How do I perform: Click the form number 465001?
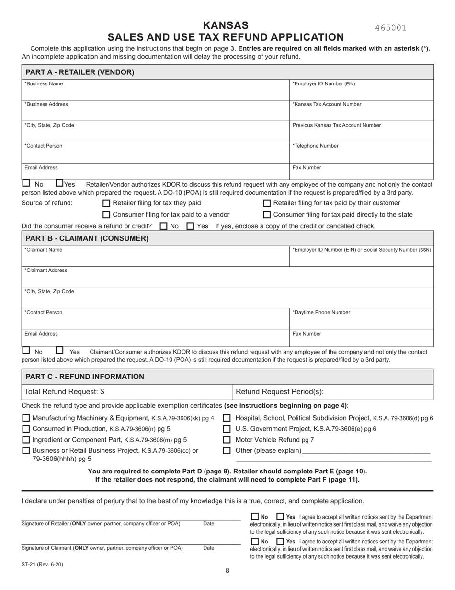point(391,28)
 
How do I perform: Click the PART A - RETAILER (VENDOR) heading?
point(80,72)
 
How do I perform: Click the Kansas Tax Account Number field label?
point(327,104)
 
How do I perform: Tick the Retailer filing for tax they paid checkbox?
point(107,203)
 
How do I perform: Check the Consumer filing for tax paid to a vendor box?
point(107,215)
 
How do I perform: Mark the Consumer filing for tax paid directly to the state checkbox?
point(267,215)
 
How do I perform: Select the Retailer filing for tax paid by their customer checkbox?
point(267,203)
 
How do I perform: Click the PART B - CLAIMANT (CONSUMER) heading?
point(87,238)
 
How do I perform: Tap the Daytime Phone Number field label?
point(321,312)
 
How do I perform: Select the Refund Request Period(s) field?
point(333,392)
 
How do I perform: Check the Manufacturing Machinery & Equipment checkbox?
point(26,418)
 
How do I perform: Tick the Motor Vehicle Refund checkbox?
point(227,440)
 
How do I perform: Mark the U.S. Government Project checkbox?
point(227,429)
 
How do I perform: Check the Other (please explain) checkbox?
point(227,450)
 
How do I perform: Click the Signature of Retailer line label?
point(101,524)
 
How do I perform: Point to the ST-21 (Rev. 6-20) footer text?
point(42,565)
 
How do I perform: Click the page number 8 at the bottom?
point(227,571)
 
